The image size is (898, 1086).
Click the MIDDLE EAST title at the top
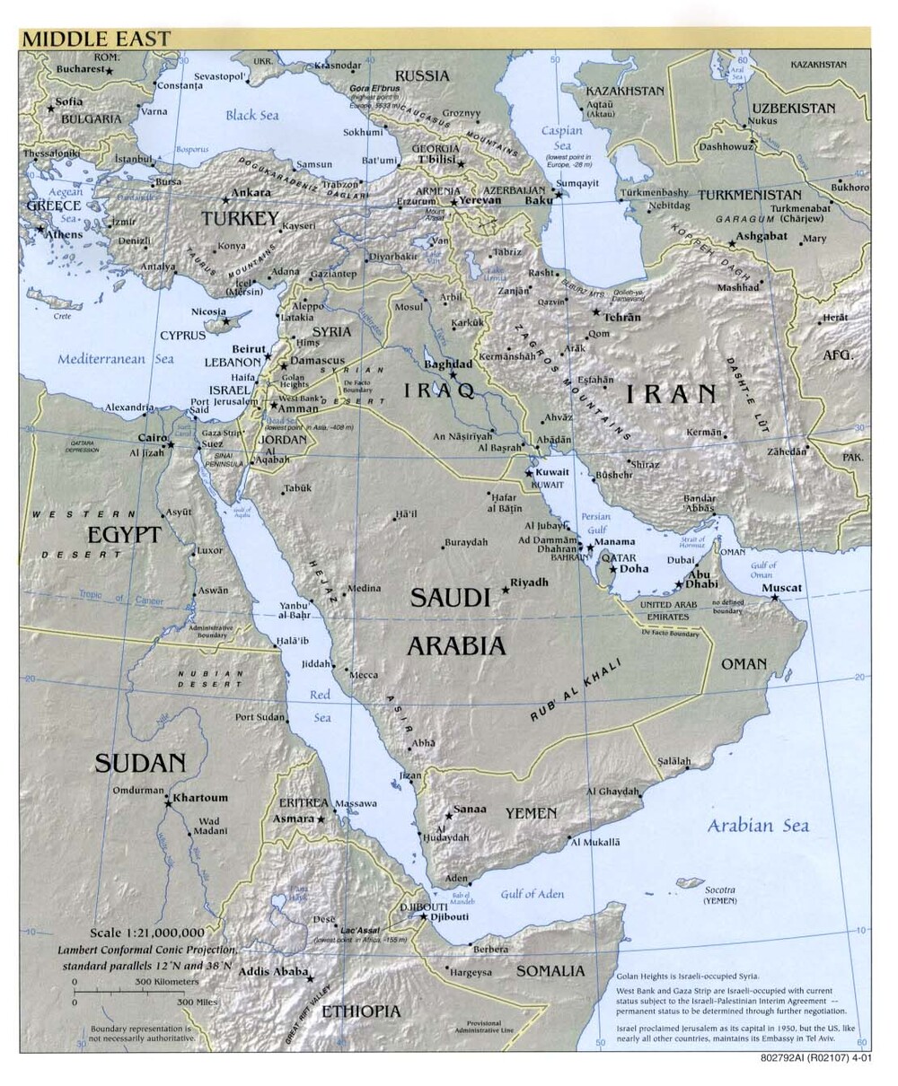[95, 39]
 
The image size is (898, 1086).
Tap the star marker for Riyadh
[506, 590]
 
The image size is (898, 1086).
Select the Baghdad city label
[447, 364]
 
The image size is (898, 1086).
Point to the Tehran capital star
[595, 312]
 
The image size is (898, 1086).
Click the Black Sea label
[251, 115]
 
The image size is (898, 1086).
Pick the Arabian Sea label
[757, 826]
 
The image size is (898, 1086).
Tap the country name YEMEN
[530, 813]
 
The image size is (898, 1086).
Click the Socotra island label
[719, 889]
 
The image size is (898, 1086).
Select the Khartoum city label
[200, 797]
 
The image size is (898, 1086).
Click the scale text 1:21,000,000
[147, 933]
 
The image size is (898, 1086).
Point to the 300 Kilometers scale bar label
[167, 982]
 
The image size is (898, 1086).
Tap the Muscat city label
[781, 588]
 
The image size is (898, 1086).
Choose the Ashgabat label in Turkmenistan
[762, 237]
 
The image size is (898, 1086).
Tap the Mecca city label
[363, 674]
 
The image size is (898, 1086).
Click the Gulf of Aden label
[532, 893]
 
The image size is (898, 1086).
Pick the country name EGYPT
[124, 535]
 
